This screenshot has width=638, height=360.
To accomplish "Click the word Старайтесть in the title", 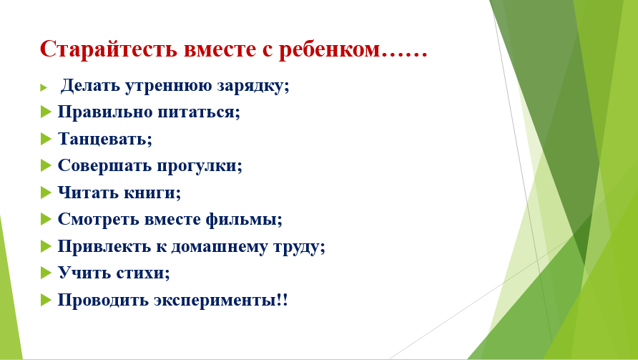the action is tap(109, 49).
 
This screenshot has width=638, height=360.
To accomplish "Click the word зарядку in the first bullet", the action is tap(252, 86).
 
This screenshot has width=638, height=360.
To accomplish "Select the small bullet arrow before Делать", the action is tap(44, 87).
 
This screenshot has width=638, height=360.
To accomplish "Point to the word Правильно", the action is tap(104, 112).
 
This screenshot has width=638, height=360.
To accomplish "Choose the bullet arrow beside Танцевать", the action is tap(46, 139).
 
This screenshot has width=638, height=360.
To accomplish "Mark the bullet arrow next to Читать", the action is tap(46, 193).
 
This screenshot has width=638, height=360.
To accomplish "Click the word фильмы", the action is tap(244, 220).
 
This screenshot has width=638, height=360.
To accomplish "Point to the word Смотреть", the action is tap(98, 219).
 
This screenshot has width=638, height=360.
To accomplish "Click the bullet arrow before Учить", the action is tap(46, 273).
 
